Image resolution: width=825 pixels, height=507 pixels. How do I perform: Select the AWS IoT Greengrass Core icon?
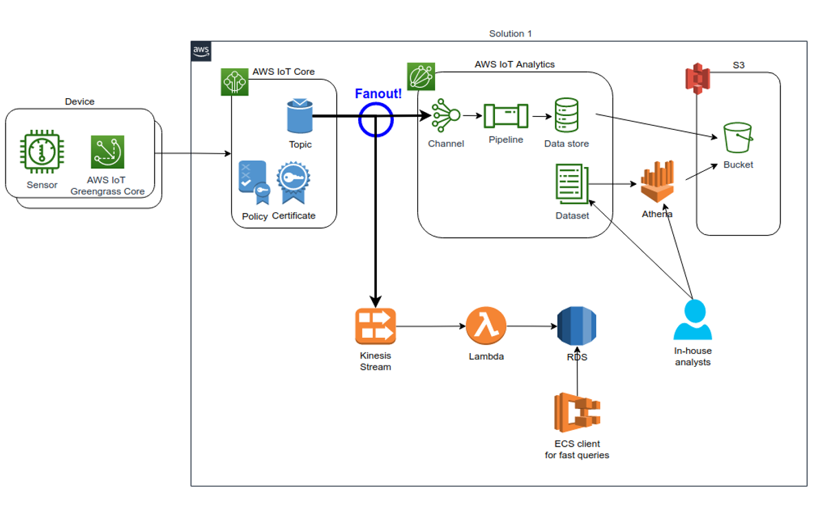point(108,152)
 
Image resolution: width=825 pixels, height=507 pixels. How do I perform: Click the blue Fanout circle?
point(375,120)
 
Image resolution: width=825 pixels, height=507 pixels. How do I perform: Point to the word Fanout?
point(378,94)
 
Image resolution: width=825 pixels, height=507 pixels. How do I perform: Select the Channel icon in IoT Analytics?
point(445,116)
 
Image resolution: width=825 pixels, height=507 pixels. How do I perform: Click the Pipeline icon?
point(505,115)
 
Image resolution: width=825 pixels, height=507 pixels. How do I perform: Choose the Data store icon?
point(566,116)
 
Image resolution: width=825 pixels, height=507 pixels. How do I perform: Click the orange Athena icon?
point(657,181)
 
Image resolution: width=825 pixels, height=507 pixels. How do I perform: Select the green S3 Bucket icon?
point(738,138)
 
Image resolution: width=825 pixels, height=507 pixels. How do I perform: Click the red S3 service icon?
point(697,78)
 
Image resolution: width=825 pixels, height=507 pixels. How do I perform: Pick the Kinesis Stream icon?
point(375,326)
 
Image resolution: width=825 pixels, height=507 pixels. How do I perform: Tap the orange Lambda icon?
point(486,326)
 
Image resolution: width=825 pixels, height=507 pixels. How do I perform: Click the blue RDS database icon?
point(577,326)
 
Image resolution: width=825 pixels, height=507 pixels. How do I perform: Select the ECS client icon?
point(577,412)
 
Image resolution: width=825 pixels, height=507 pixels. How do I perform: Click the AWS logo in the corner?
point(201,51)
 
